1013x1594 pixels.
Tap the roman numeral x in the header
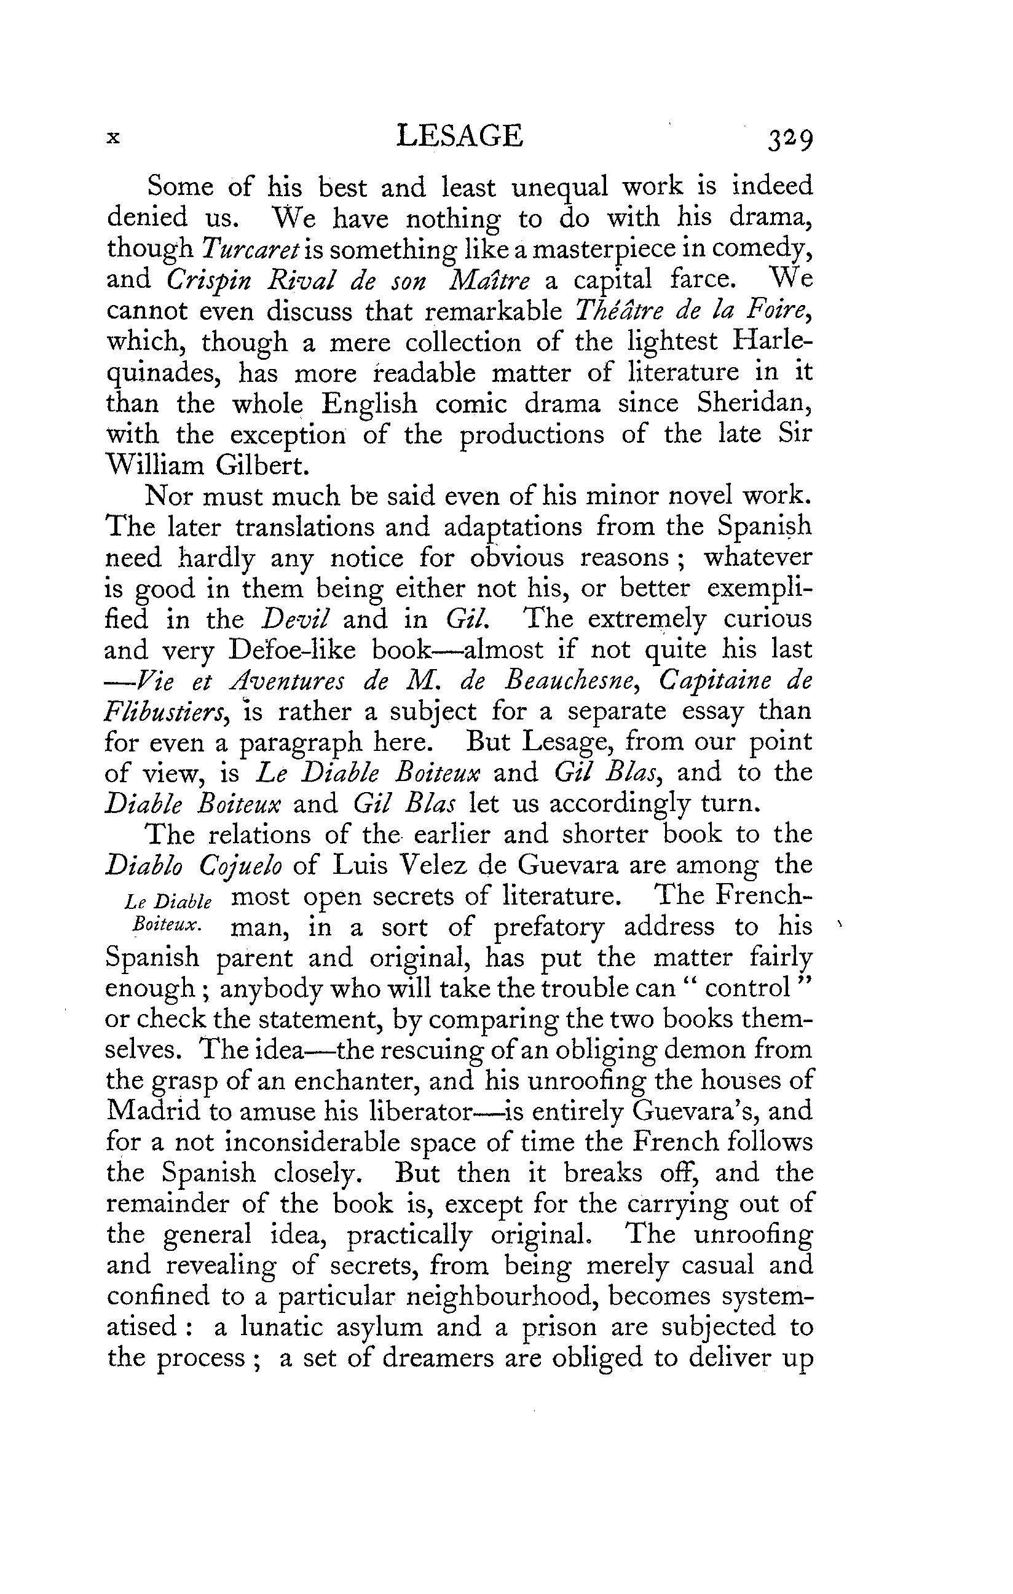coord(114,138)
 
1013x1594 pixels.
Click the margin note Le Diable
coord(168,902)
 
